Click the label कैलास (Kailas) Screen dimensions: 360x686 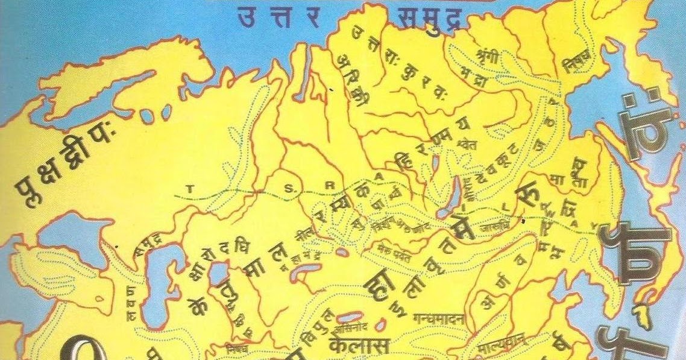(x=360, y=345)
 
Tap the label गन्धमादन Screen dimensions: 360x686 (x=438, y=318)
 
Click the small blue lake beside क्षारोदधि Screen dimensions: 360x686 (x=217, y=275)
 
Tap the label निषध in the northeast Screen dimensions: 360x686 (x=577, y=62)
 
